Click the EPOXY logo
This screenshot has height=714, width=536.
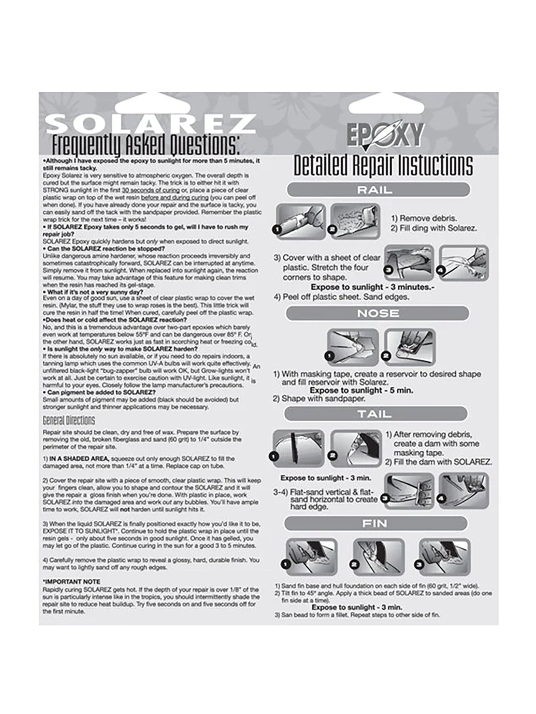pos(385,134)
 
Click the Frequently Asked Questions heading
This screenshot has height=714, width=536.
pos(146,145)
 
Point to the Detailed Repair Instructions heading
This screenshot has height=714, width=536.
pos(383,165)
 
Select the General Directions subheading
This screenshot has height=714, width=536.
pos(69,420)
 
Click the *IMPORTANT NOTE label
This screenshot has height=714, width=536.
pos(71,582)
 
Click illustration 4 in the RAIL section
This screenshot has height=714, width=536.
pos(464,263)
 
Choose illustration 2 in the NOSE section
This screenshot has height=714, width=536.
pos(410,347)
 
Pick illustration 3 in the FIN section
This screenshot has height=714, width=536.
pos(444,556)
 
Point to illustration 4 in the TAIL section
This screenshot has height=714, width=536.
pos(464,491)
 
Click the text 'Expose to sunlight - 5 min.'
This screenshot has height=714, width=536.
pos(361,390)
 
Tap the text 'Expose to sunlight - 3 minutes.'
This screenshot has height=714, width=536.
pos(372,287)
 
